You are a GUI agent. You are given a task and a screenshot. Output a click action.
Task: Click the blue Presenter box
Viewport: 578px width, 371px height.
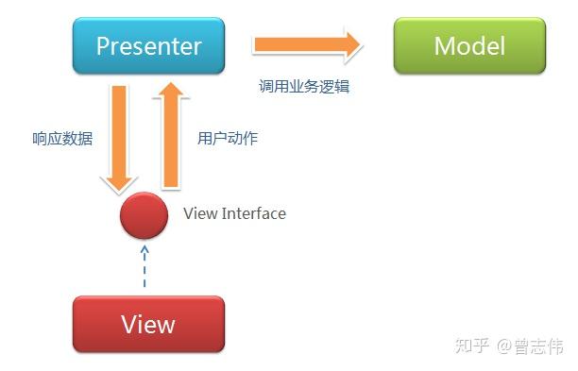[x=149, y=45]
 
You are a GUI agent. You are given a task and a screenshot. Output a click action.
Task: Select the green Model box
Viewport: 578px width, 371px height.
[x=469, y=45]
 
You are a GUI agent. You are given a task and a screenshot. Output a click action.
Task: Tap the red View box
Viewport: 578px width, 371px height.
[x=149, y=324]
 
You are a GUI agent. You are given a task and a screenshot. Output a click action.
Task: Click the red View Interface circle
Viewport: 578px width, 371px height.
[x=144, y=216]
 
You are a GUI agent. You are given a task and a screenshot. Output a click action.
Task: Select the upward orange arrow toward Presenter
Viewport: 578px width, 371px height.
[x=171, y=132]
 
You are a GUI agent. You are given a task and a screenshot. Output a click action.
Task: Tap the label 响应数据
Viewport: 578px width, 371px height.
[x=62, y=139]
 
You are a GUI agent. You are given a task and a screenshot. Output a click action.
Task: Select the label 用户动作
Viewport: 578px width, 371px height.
[x=228, y=139]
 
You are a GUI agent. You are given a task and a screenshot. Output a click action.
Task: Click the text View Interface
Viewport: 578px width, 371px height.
[x=234, y=213]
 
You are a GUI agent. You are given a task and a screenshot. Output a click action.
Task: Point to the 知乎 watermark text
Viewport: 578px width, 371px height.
[x=473, y=346]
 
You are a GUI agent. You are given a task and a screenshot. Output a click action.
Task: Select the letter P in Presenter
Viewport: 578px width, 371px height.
[x=104, y=45]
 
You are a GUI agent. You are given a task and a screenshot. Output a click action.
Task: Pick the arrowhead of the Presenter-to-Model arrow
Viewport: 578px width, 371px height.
[x=351, y=44]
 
